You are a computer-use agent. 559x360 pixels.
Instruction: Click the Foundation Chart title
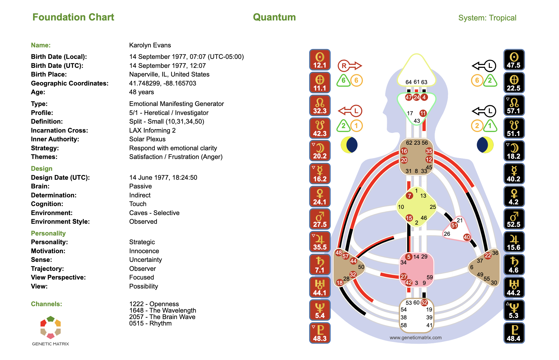click(73, 17)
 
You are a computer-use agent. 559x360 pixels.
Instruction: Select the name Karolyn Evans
click(150, 45)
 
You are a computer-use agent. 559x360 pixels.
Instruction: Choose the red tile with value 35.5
click(320, 242)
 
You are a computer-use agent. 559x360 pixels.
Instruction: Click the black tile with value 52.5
click(514, 219)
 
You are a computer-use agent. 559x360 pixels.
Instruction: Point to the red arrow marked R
click(349, 66)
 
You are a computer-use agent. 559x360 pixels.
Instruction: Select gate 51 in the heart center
click(454, 225)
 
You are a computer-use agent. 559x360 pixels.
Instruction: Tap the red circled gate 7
click(409, 196)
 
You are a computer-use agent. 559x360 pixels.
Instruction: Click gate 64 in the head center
click(409, 82)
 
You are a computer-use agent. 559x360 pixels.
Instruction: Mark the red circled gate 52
click(424, 303)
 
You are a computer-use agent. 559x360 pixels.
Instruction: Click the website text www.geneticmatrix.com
click(415, 338)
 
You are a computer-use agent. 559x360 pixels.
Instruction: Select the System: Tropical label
click(487, 18)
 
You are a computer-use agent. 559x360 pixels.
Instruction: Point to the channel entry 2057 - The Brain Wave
click(162, 317)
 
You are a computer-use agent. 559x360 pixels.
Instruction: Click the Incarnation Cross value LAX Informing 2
click(152, 130)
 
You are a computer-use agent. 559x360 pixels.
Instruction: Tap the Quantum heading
click(274, 17)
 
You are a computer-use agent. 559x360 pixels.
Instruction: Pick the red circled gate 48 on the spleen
click(339, 252)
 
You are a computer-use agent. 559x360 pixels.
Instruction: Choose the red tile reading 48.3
click(320, 333)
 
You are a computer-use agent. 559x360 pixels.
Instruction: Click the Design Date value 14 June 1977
click(163, 177)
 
